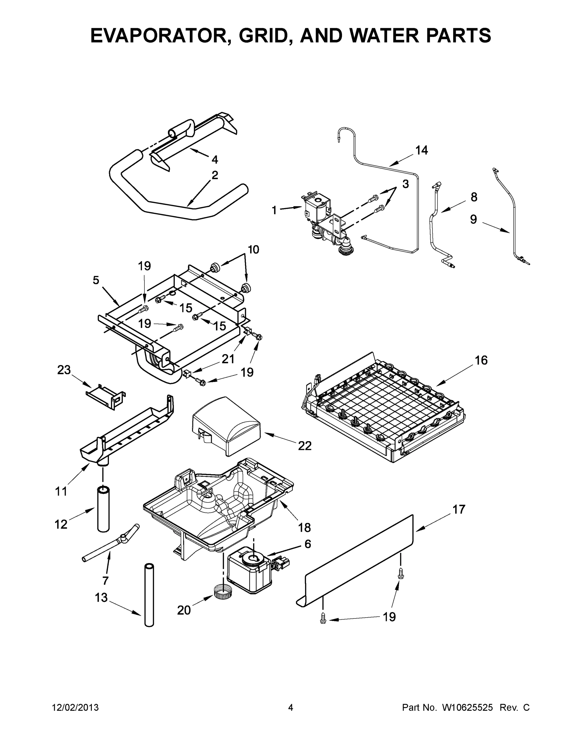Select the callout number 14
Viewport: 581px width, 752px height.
click(x=421, y=150)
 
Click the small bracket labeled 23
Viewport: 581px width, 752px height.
click(x=105, y=396)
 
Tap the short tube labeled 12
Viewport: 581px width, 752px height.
click(x=103, y=509)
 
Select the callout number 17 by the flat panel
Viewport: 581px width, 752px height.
click(x=459, y=509)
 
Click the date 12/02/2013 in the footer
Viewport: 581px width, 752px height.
click(x=75, y=707)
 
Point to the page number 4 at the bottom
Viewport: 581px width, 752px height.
click(x=291, y=707)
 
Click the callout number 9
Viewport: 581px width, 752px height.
click(x=474, y=219)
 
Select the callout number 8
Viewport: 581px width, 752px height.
click(x=474, y=197)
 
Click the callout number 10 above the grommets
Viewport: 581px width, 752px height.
click(x=253, y=249)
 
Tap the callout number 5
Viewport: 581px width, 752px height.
click(x=96, y=280)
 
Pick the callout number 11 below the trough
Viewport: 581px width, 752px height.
click(x=61, y=491)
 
